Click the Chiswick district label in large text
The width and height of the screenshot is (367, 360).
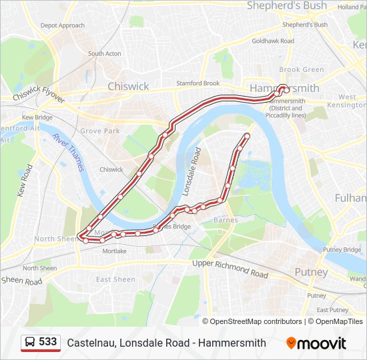click(x=128, y=87)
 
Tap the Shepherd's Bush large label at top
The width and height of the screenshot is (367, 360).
click(x=287, y=6)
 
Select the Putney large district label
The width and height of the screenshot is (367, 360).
click(x=312, y=272)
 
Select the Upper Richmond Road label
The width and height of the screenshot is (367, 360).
click(x=230, y=269)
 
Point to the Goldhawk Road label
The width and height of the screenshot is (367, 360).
click(x=273, y=41)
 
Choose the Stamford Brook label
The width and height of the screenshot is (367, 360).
click(x=198, y=83)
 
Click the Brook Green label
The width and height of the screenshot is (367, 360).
click(x=301, y=69)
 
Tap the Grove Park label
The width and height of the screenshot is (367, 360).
click(x=100, y=131)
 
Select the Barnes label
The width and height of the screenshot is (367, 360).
click(x=221, y=219)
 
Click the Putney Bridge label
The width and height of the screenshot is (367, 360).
click(x=342, y=249)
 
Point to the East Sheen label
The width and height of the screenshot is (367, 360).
click(x=115, y=279)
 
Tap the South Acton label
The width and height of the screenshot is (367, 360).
click(x=105, y=53)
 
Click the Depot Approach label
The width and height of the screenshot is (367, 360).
click(x=63, y=26)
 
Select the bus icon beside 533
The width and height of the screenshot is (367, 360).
click(x=30, y=343)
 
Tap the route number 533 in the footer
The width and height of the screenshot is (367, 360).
click(x=48, y=342)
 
